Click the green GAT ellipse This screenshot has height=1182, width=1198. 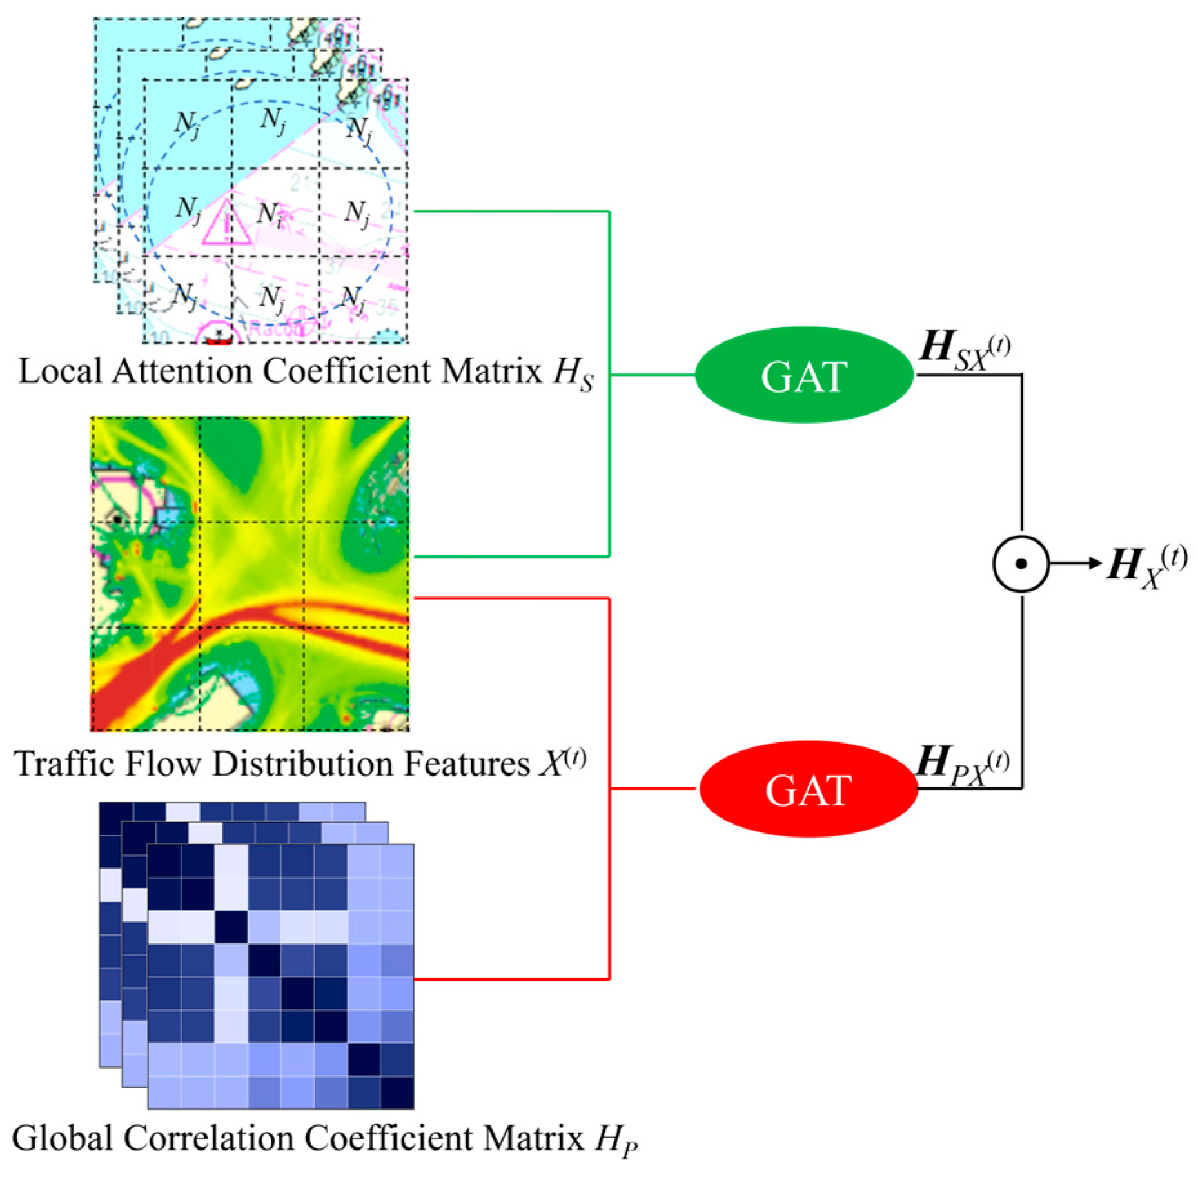(x=803, y=375)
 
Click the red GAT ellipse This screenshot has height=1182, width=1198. (x=808, y=789)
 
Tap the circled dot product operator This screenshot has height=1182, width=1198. (x=1020, y=564)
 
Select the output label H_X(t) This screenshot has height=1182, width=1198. (x=1146, y=566)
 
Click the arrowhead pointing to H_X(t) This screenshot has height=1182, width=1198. (x=1094, y=564)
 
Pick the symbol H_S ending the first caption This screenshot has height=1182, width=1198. (x=573, y=374)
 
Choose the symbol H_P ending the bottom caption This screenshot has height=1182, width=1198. (x=616, y=1141)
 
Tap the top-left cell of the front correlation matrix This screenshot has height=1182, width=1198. (x=164, y=860)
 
